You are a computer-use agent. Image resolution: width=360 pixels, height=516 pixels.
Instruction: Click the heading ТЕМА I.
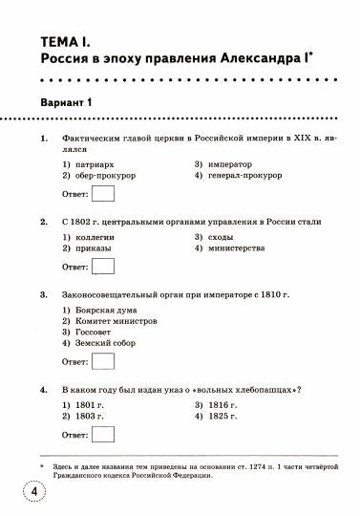tap(66, 43)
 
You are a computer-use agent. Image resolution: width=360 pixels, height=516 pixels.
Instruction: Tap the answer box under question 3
tap(103, 363)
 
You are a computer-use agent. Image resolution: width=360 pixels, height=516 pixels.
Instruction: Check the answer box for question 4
tap(103, 435)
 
